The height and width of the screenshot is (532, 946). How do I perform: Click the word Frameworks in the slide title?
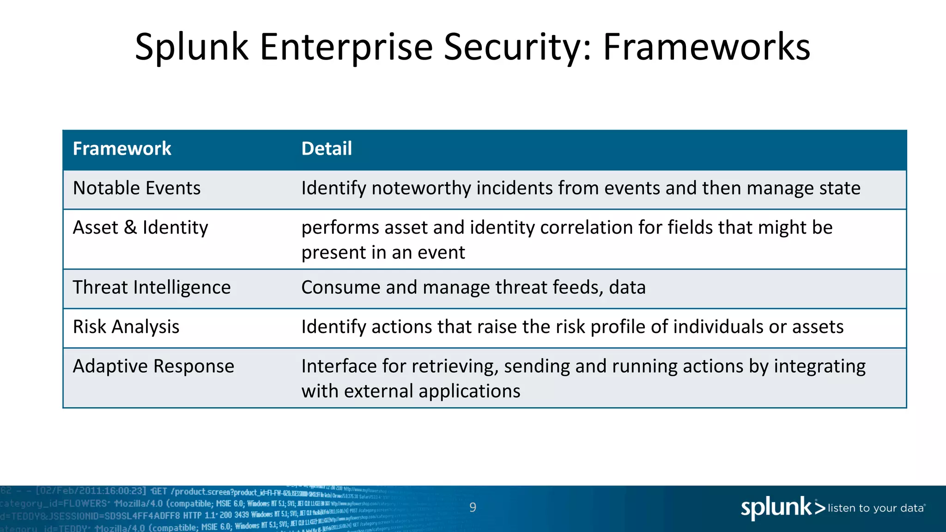706,47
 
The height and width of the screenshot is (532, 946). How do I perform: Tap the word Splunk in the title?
192,47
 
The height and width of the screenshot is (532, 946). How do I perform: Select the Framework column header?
122,149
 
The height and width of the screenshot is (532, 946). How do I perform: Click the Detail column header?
327,149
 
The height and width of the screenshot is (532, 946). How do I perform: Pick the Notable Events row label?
137,188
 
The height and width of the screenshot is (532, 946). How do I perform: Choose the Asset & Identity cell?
140,228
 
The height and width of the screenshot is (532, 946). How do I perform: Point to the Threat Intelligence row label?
152,288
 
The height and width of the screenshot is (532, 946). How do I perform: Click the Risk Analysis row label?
126,327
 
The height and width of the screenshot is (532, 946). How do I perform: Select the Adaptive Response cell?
153,366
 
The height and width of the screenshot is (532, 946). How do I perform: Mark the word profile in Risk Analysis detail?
618,327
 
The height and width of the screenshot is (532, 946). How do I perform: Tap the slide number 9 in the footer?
473,508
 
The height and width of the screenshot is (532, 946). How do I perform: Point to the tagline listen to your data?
876,508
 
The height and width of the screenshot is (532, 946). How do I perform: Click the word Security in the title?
517,47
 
